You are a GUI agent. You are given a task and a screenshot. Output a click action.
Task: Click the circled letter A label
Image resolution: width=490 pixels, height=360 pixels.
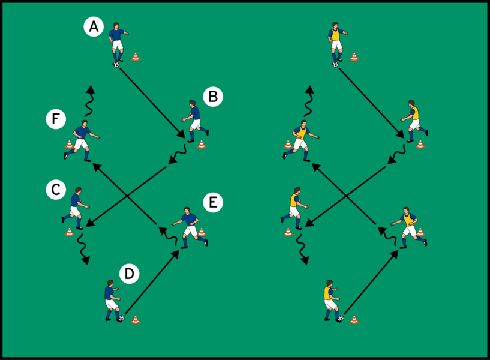[x=93, y=26]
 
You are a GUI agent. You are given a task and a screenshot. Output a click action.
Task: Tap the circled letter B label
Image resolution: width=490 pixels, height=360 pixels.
[x=213, y=97]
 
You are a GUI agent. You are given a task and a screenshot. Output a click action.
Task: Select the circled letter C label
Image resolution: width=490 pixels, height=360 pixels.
[x=55, y=190]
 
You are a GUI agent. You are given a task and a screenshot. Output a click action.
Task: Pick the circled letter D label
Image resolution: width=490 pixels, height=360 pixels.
[x=129, y=274]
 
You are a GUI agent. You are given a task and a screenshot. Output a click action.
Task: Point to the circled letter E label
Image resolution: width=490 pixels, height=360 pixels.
[x=213, y=203]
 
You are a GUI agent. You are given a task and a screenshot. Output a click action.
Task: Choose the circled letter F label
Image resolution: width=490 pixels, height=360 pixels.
[x=55, y=120]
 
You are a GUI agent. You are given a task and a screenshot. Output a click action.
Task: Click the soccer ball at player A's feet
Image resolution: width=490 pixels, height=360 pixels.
[x=116, y=64]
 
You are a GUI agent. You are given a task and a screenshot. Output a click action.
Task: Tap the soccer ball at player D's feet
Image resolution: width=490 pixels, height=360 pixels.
[x=121, y=318]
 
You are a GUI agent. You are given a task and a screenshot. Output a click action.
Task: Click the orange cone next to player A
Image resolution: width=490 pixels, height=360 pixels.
[x=136, y=57]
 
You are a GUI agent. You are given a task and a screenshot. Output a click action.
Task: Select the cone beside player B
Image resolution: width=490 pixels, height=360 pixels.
[x=202, y=144]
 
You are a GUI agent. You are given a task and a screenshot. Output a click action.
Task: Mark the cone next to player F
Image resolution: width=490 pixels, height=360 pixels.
[x=69, y=144]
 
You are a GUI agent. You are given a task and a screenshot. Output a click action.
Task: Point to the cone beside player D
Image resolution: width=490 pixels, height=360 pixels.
[x=136, y=319]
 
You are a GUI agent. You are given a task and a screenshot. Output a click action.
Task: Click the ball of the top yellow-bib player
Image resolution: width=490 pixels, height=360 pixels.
[x=335, y=64]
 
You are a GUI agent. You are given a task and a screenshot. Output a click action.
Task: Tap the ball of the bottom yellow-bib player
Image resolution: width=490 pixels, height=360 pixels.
[x=340, y=318]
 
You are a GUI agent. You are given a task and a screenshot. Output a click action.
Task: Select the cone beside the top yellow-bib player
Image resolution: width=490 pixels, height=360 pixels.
[x=354, y=57]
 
